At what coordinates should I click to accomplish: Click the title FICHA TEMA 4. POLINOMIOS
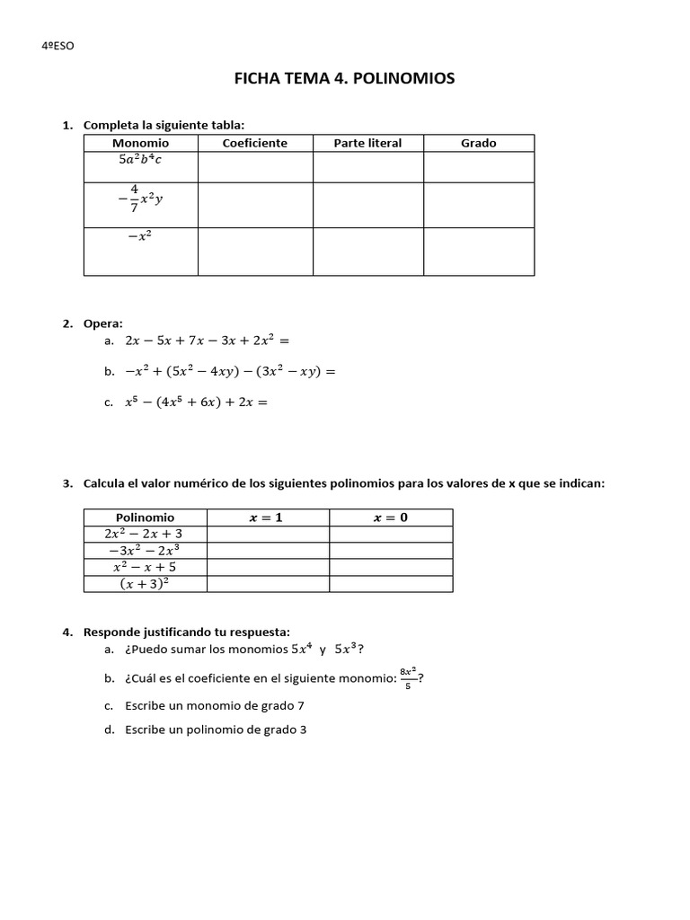point(344,79)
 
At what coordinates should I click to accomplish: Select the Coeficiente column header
point(255,143)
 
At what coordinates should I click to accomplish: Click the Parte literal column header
point(367,143)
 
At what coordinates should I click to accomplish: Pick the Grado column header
point(478,143)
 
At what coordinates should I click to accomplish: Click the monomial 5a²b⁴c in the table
point(140,160)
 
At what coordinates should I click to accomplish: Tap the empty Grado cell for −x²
point(478,252)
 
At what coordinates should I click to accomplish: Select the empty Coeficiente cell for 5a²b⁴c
point(255,167)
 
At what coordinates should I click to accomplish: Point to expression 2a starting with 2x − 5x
point(208,341)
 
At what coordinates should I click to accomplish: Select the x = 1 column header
point(268,517)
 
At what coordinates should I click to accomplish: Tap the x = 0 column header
point(391,517)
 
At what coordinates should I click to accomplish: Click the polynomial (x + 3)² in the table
point(145,584)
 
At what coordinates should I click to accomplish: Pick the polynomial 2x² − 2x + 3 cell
point(145,534)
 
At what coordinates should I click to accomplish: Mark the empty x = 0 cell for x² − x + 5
point(391,568)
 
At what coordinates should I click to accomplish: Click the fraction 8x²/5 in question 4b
point(408,678)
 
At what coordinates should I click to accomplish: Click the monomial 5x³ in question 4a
point(349,649)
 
